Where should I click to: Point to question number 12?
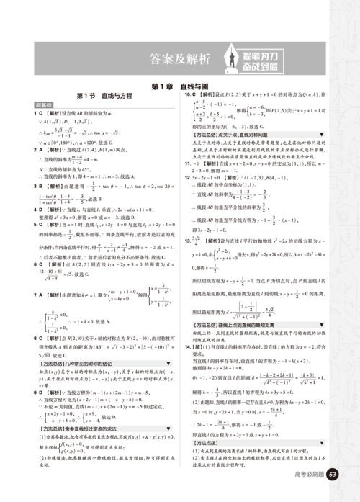[x=188, y=176]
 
